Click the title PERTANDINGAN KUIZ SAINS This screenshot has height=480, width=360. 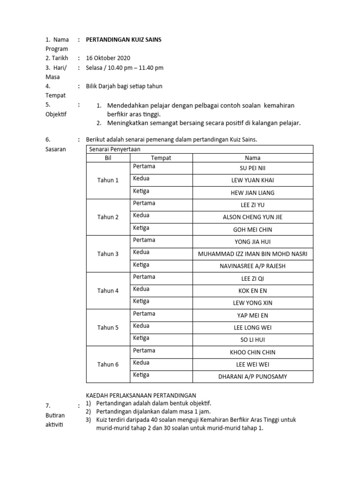tap(123, 40)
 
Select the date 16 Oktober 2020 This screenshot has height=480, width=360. tap(108, 58)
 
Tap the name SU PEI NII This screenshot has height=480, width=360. tap(253, 168)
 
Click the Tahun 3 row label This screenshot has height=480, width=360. tap(108, 254)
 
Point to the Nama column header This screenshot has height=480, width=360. tap(253, 158)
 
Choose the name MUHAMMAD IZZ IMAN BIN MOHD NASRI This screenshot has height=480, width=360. tap(253, 254)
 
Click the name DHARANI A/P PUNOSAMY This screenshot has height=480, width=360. tap(253, 376)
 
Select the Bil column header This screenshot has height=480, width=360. tap(108, 158)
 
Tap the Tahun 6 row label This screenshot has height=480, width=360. tap(108, 364)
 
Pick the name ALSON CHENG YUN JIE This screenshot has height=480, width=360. tap(253, 217)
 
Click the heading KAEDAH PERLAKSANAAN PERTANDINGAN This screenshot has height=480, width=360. tap(141, 395)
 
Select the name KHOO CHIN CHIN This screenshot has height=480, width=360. tap(253, 352)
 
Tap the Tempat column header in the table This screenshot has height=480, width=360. tap(161, 158)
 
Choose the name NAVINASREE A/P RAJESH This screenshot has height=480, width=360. tap(253, 266)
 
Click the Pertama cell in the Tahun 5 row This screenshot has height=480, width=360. tap(144, 314)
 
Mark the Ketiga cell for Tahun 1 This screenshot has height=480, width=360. tap(141, 191)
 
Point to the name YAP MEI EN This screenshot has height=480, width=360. tap(253, 315)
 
